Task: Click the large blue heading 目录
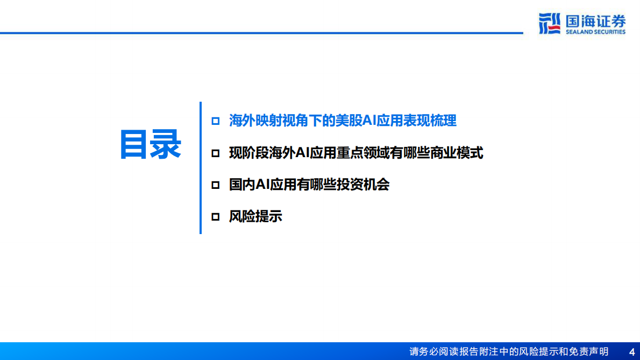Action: [x=150, y=144]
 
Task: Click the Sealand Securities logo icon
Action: [x=550, y=24]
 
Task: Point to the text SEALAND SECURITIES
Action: [x=595, y=32]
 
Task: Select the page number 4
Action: [x=631, y=351]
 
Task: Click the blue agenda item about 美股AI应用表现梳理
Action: [x=343, y=121]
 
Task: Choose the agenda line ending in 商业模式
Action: [x=356, y=153]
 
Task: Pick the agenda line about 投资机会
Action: [x=309, y=185]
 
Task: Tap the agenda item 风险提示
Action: [x=255, y=216]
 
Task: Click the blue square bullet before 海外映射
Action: [x=216, y=121]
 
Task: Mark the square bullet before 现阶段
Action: [x=216, y=153]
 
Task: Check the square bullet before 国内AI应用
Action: [x=216, y=185]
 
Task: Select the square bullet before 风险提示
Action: [x=216, y=217]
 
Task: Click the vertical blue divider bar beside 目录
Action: [x=200, y=168]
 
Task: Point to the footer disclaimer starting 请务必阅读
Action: [x=509, y=351]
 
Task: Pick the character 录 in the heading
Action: [x=166, y=144]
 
